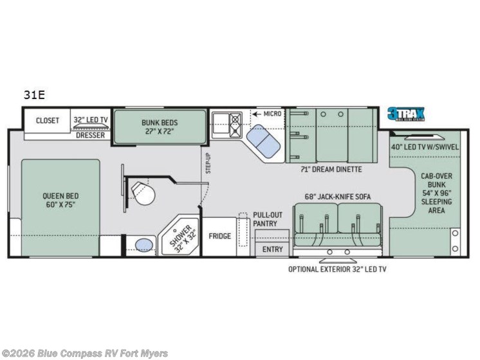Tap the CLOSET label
(x=47, y=120)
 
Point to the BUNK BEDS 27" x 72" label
(x=160, y=126)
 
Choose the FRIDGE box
(x=219, y=236)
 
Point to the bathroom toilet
(x=139, y=192)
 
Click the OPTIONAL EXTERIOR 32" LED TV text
(x=337, y=269)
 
